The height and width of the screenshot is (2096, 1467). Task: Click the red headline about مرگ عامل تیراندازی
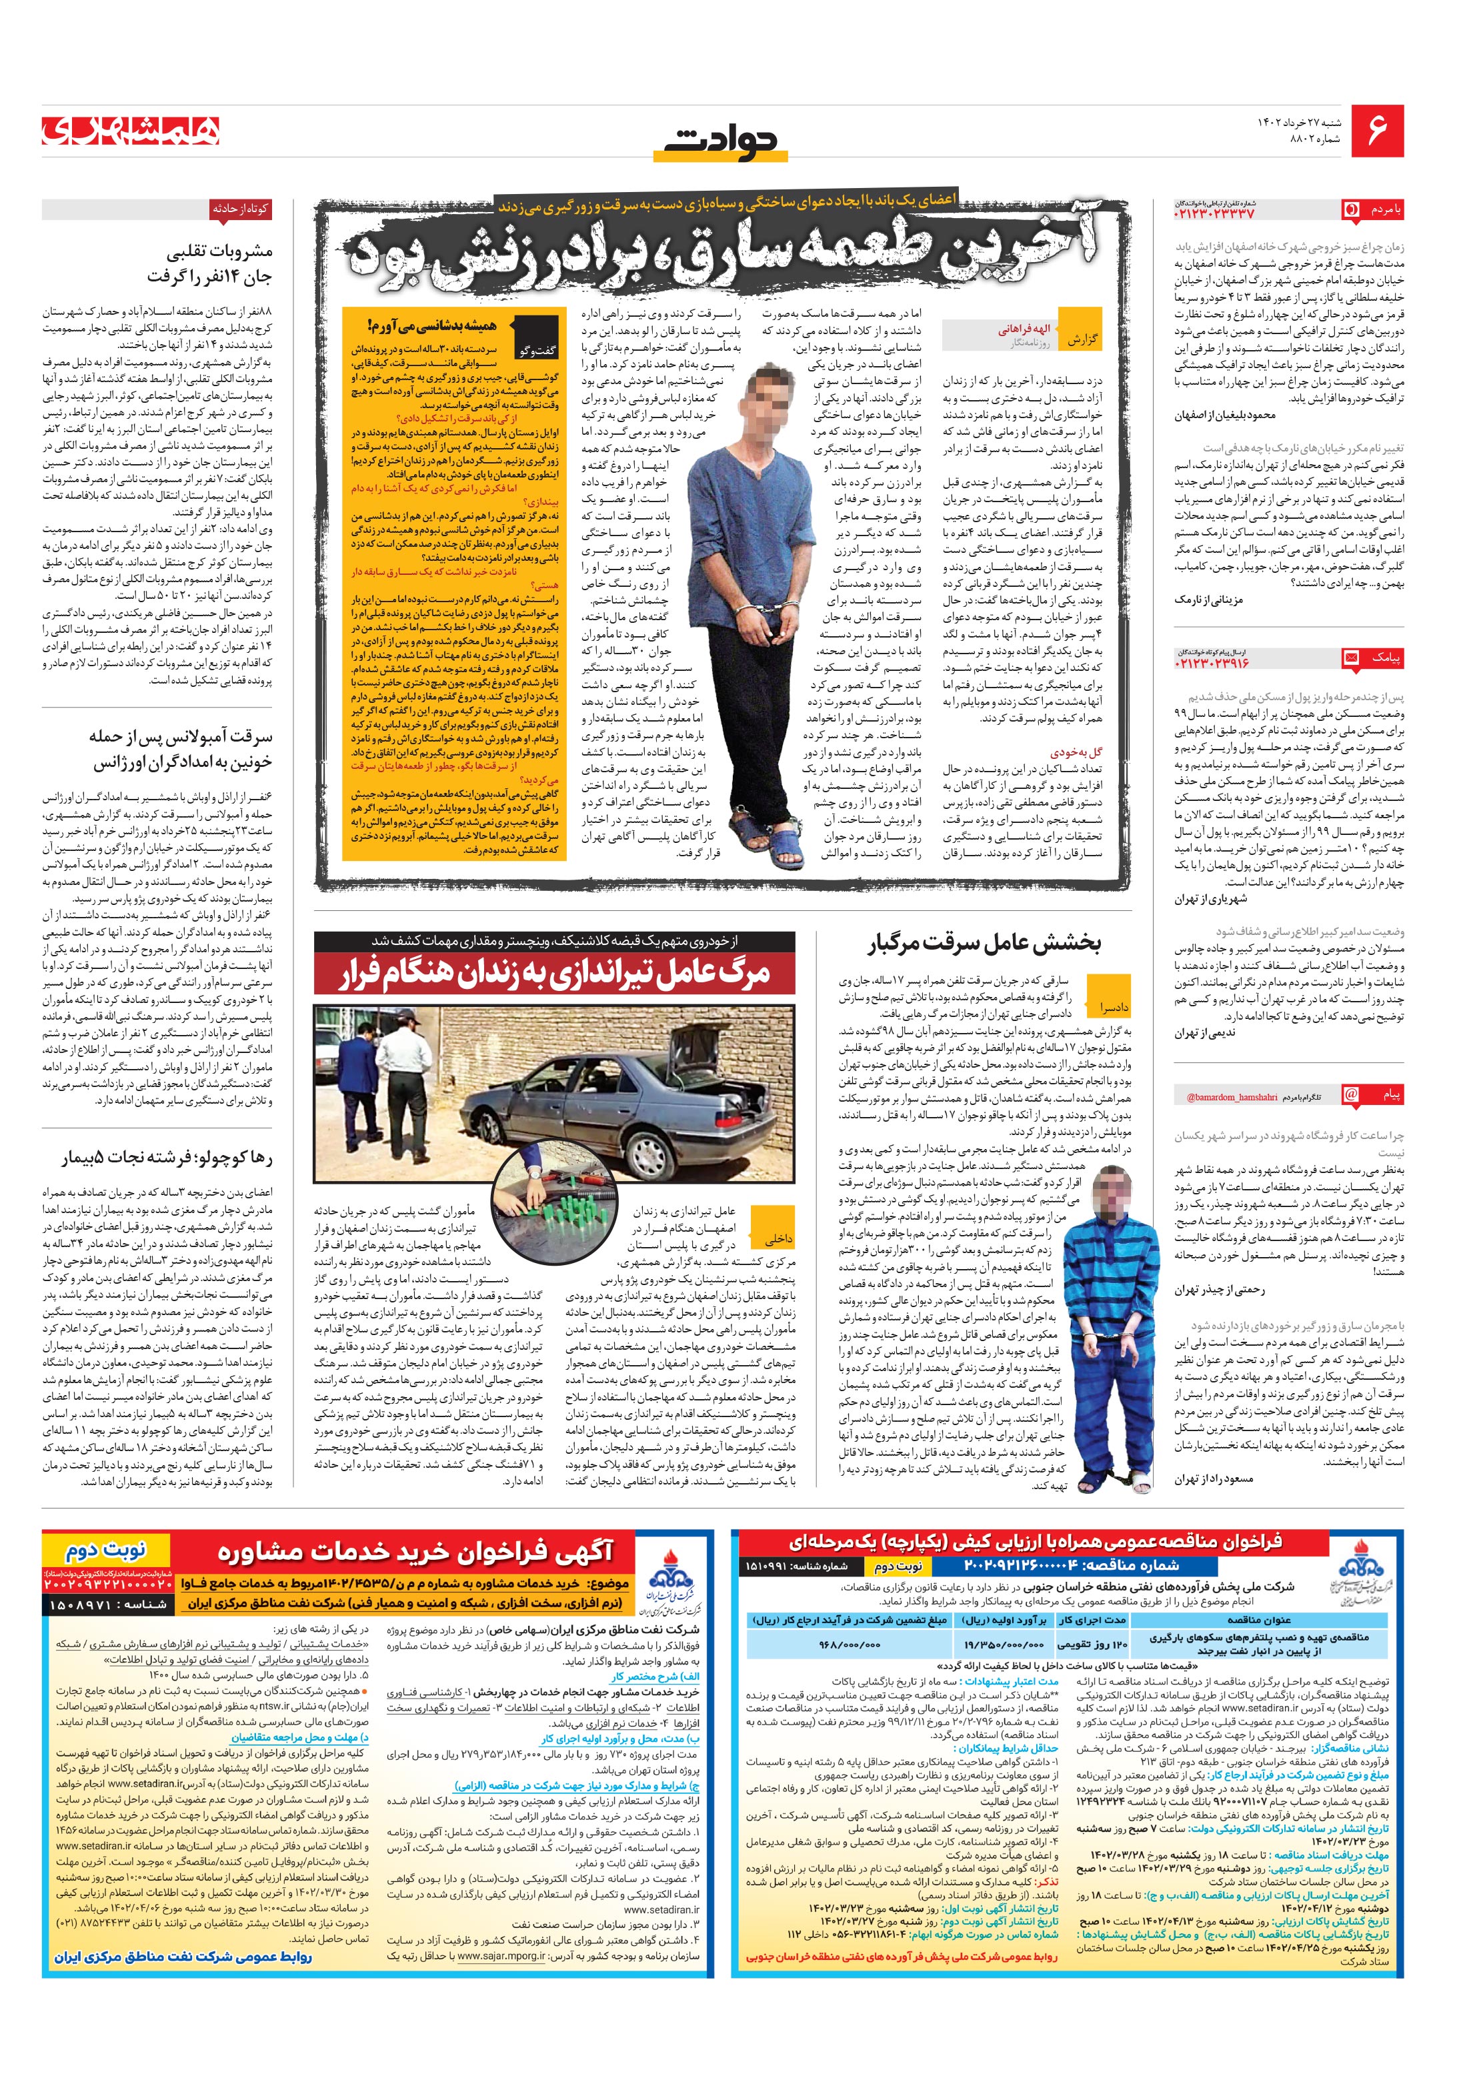(x=555, y=973)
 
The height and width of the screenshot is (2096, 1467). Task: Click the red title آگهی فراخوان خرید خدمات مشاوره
(x=415, y=1553)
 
